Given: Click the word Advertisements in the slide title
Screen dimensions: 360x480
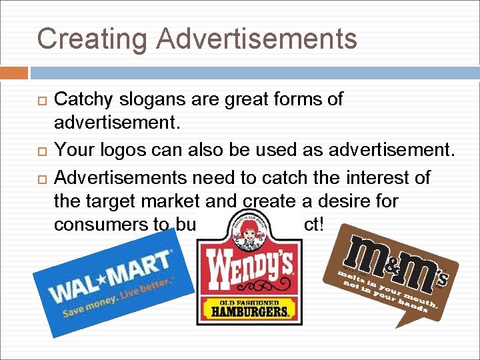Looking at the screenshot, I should tap(257, 38).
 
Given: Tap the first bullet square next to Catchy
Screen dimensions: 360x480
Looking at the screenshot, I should tap(42, 101).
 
